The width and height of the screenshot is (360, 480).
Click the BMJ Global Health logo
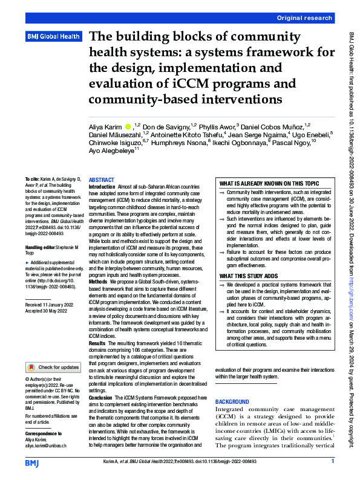tap(54, 37)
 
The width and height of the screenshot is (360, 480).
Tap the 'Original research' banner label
tap(305, 19)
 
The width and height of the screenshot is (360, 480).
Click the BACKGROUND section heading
tap(232, 402)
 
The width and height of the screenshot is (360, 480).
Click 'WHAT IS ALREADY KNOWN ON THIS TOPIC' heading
tap(269, 183)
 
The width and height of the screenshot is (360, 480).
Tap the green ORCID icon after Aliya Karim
tap(128, 126)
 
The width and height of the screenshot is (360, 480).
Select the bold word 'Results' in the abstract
tap(98, 342)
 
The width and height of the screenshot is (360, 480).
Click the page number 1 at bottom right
tap(333, 462)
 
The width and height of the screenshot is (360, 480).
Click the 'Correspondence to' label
tap(43, 434)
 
